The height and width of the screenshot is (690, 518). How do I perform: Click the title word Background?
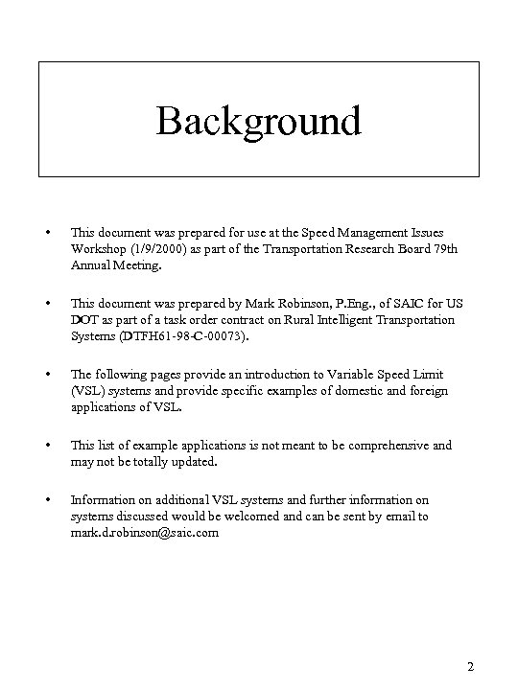258,122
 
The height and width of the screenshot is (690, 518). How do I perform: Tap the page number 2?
470,666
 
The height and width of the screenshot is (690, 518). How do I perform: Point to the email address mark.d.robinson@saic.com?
145,532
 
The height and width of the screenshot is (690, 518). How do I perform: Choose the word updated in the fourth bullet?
196,461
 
